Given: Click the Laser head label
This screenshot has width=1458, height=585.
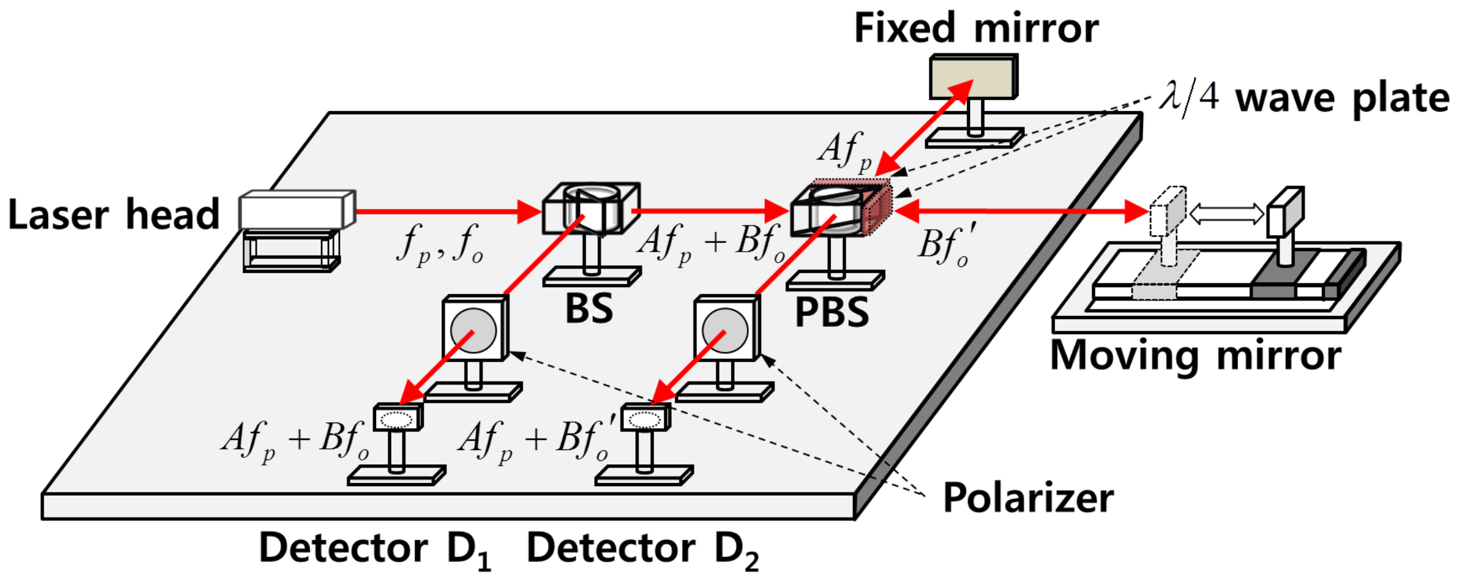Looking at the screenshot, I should click(x=113, y=215).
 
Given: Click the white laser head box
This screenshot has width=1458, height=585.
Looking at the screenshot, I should click(x=296, y=209).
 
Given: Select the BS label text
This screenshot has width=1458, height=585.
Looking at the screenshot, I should click(x=588, y=309).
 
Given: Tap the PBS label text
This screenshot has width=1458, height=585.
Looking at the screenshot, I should click(x=831, y=313).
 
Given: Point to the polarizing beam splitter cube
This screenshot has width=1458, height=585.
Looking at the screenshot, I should click(x=834, y=211).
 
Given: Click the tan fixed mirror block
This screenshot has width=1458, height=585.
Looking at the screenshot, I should click(x=973, y=77).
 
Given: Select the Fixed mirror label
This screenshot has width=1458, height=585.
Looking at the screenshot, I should click(x=975, y=29).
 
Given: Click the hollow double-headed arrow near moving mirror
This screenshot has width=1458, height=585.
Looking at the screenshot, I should click(x=1226, y=214).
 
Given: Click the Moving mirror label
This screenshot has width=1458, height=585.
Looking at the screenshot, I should click(x=1195, y=355).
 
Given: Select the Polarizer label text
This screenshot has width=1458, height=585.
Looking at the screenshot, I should click(x=1027, y=498).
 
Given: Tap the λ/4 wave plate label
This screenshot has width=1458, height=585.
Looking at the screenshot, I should click(x=1303, y=98).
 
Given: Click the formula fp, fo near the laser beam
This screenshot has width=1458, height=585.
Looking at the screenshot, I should click(x=439, y=244).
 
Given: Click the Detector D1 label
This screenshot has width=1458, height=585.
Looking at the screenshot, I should click(x=375, y=550).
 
